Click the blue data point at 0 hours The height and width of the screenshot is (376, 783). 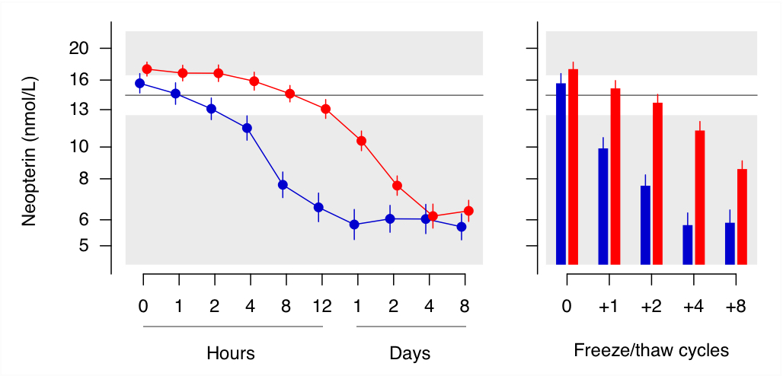pyautogui.click(x=140, y=84)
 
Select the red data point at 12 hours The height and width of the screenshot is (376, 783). pyautogui.click(x=325, y=109)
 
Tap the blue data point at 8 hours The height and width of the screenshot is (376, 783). pyautogui.click(x=283, y=185)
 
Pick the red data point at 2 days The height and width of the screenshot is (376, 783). pyautogui.click(x=397, y=186)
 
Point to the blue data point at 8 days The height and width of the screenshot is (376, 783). pyautogui.click(x=462, y=227)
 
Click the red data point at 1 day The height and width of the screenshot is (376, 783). pyautogui.click(x=362, y=141)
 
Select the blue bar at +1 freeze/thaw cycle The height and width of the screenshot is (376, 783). pyautogui.click(x=603, y=206)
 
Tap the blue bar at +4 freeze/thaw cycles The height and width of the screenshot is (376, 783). pyautogui.click(x=688, y=244)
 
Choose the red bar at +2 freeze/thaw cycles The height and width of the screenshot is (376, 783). pyautogui.click(x=658, y=183)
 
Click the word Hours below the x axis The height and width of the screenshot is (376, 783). pyautogui.click(x=231, y=353)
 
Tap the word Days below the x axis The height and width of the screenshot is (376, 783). pyautogui.click(x=410, y=353)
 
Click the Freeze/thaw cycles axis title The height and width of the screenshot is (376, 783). pyautogui.click(x=651, y=351)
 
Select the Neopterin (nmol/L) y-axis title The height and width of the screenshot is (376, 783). pyautogui.click(x=29, y=151)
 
